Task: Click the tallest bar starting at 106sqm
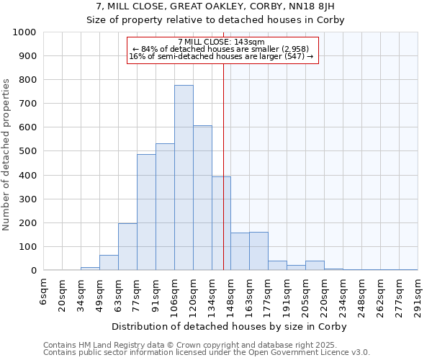click(184, 178)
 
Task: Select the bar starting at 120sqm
click(202, 198)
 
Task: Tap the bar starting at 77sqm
click(146, 212)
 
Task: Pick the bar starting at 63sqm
click(127, 247)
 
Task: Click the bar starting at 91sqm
click(165, 207)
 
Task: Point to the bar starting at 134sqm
click(221, 224)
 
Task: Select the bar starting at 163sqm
click(258, 251)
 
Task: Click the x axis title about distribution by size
click(230, 327)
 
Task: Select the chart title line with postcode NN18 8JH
click(215, 6)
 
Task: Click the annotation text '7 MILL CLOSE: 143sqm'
click(222, 42)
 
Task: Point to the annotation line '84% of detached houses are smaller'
click(222, 49)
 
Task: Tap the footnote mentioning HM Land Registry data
click(205, 345)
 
